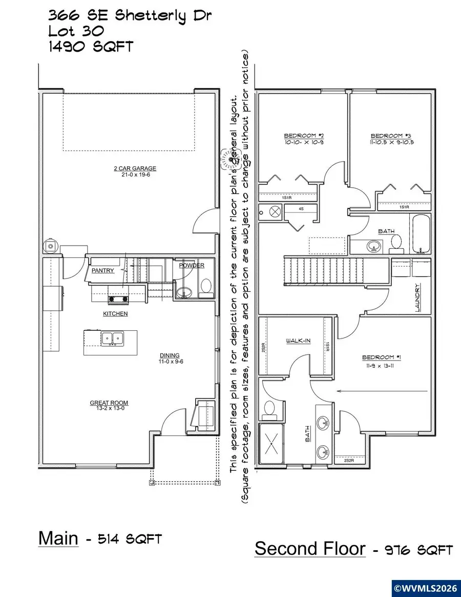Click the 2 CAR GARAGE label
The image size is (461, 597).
point(135,168)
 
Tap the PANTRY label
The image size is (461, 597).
point(103,270)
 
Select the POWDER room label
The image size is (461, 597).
point(192,265)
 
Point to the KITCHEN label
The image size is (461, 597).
point(115,313)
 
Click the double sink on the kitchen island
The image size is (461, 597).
point(112,338)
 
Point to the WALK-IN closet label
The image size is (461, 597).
point(298,341)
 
